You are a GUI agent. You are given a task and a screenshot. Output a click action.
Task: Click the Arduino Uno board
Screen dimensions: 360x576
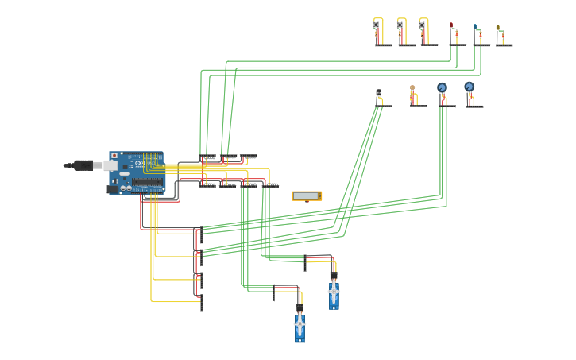(x=136, y=172)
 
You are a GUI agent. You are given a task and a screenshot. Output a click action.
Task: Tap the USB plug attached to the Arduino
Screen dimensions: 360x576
(x=83, y=165)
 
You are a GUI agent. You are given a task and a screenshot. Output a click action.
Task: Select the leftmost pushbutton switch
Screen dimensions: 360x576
(x=377, y=25)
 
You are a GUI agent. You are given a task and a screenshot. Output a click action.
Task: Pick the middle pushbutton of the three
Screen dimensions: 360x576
(x=400, y=25)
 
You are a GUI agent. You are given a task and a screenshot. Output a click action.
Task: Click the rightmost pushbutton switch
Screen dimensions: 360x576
(x=422, y=25)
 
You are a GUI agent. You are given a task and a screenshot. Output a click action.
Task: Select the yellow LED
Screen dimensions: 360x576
(x=498, y=28)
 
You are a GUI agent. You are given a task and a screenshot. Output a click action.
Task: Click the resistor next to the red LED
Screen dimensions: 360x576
(x=456, y=36)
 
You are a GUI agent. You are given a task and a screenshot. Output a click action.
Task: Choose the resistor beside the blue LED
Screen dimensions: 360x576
(x=480, y=37)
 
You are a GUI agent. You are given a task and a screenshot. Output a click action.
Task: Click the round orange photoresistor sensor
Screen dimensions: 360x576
(x=412, y=88)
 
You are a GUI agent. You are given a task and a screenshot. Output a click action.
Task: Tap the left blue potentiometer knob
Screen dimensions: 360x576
(x=442, y=87)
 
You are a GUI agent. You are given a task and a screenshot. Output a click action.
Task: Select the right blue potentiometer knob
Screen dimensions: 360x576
(x=469, y=87)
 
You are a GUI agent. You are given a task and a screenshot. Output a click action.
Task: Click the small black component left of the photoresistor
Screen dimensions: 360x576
(x=379, y=93)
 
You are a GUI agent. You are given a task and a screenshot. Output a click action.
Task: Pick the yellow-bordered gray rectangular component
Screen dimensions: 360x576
(x=307, y=195)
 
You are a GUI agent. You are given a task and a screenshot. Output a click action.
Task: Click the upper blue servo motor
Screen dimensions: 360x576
(x=334, y=294)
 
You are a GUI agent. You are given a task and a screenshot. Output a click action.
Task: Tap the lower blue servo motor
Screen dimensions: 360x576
(x=300, y=327)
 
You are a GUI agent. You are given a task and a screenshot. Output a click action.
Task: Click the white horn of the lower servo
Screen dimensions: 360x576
(x=300, y=322)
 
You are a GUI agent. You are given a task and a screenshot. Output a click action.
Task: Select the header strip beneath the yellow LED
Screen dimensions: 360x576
(x=504, y=45)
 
